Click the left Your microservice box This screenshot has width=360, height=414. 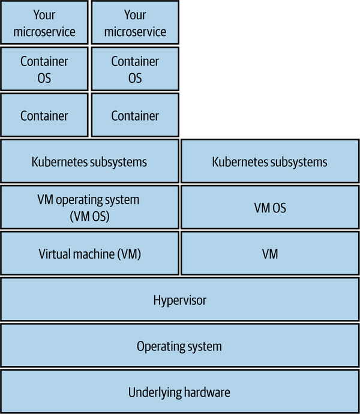(45, 23)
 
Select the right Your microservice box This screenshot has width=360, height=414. (135, 23)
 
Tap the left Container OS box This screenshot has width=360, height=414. (45, 69)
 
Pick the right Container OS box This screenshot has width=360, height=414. (135, 69)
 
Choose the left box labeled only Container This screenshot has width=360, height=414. (45, 115)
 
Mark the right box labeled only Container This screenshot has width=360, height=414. (135, 115)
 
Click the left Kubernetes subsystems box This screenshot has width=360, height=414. (89, 161)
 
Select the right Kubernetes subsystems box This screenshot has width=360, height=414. (270, 161)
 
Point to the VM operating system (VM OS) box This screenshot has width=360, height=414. (89, 208)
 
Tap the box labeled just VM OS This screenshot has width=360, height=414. (270, 208)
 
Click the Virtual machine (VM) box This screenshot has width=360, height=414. (89, 254)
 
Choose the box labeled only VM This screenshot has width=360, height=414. (270, 254)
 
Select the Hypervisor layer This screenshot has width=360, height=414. (179, 299)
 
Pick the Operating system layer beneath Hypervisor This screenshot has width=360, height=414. (179, 346)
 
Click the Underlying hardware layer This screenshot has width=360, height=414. (179, 392)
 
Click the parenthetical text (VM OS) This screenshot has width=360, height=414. (89, 216)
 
